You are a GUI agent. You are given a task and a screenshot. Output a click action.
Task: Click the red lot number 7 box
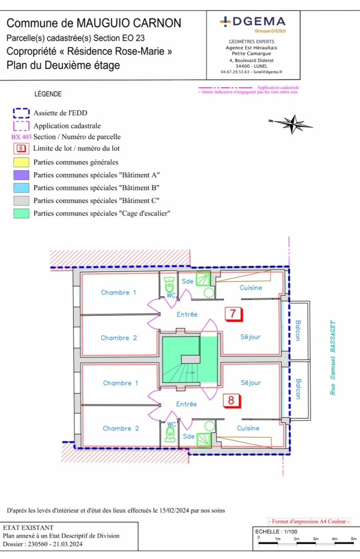click(233, 314)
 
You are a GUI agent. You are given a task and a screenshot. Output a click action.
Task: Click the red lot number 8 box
click(231, 400)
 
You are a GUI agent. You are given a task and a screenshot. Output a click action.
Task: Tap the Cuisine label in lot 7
click(251, 287)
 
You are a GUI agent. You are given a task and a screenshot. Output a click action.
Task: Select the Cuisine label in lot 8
click(248, 428)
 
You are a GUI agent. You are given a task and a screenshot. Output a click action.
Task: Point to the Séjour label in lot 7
click(251, 337)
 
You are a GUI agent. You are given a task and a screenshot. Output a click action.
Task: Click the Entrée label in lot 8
click(186, 404)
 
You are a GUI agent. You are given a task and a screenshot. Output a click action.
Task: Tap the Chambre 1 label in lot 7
click(119, 292)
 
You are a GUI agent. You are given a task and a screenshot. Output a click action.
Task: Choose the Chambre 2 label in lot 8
click(121, 428)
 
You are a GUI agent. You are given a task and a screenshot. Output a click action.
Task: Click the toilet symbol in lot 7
click(168, 285)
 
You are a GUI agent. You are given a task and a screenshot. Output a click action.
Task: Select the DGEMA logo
click(253, 22)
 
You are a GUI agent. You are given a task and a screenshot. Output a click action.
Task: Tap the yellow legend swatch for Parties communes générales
click(21, 162)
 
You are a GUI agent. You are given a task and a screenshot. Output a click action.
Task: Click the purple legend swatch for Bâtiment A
click(21, 175)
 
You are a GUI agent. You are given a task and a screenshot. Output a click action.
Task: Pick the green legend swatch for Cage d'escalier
click(21, 214)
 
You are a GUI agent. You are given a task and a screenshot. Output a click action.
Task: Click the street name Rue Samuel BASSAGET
click(332, 358)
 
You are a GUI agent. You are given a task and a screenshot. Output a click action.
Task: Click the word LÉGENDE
click(48, 94)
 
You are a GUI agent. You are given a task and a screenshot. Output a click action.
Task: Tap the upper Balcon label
click(298, 331)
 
